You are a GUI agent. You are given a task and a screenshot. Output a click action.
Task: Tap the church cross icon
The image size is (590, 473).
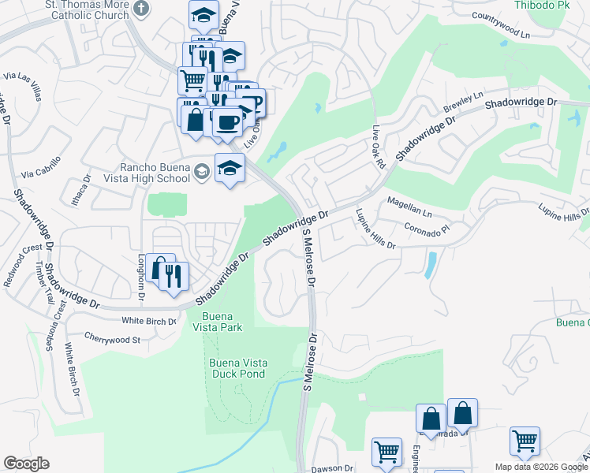[x=141, y=9]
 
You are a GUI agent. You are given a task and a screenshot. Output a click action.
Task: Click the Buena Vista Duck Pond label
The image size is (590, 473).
[x=237, y=368]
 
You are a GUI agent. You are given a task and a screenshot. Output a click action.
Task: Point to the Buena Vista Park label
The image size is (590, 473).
[x=215, y=322]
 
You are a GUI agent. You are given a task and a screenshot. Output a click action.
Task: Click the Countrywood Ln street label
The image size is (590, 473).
[x=502, y=26]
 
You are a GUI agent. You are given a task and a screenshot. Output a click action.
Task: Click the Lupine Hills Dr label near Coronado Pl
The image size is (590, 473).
[x=375, y=229]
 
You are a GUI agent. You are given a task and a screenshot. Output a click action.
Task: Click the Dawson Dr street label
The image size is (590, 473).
[x=331, y=468]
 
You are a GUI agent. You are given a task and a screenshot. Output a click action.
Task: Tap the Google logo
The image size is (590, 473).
[x=26, y=464]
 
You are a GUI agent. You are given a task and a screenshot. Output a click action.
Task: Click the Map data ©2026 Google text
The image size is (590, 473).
[x=541, y=467]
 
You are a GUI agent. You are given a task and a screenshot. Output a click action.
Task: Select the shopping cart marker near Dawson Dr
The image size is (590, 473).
[x=386, y=452]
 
